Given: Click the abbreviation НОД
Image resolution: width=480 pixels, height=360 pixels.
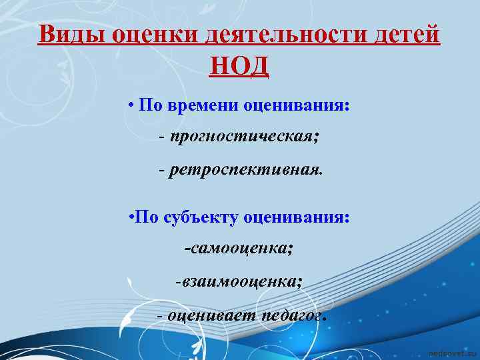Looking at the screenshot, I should pyautogui.click(x=239, y=66).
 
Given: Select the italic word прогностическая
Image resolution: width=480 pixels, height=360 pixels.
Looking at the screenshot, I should pyautogui.click(x=244, y=138).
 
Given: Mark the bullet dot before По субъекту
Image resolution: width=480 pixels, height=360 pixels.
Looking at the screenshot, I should pyautogui.click(x=131, y=218).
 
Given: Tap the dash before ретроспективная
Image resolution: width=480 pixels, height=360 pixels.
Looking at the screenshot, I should pyautogui.click(x=162, y=170).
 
